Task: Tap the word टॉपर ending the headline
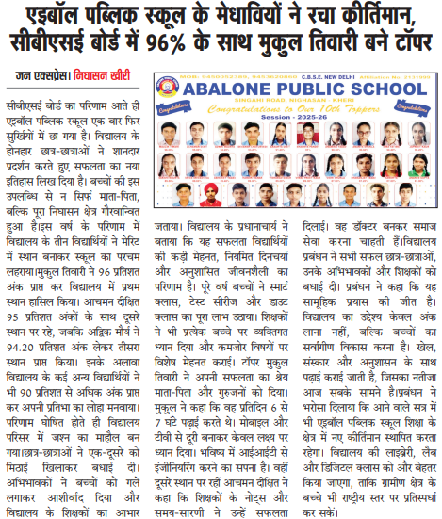404,43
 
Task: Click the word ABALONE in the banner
233,89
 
